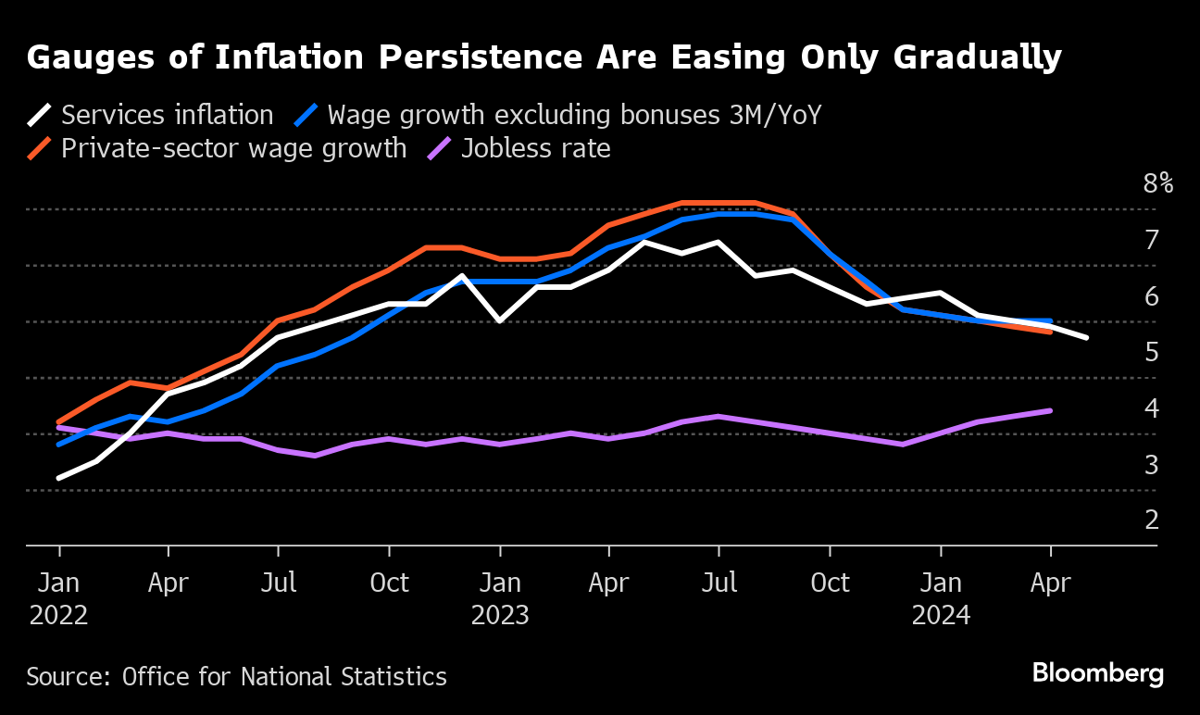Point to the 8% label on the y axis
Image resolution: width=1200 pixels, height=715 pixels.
coord(1157,183)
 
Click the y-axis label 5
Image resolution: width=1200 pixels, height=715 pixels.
coord(1152,352)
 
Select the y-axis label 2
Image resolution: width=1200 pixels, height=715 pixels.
coord(1152,520)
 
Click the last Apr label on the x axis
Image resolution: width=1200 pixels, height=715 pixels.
coord(1051,583)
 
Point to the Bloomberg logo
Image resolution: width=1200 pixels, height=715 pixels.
coord(1097,673)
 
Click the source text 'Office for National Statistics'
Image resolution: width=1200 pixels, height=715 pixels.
coord(284,677)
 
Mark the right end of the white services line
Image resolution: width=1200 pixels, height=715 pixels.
coord(1086,337)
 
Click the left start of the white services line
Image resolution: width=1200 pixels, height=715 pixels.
coord(59,478)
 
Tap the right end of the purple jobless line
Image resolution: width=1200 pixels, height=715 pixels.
coord(1050,410)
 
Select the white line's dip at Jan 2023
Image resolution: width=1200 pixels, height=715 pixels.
coord(500,320)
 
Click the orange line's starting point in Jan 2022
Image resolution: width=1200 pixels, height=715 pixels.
coord(59,421)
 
